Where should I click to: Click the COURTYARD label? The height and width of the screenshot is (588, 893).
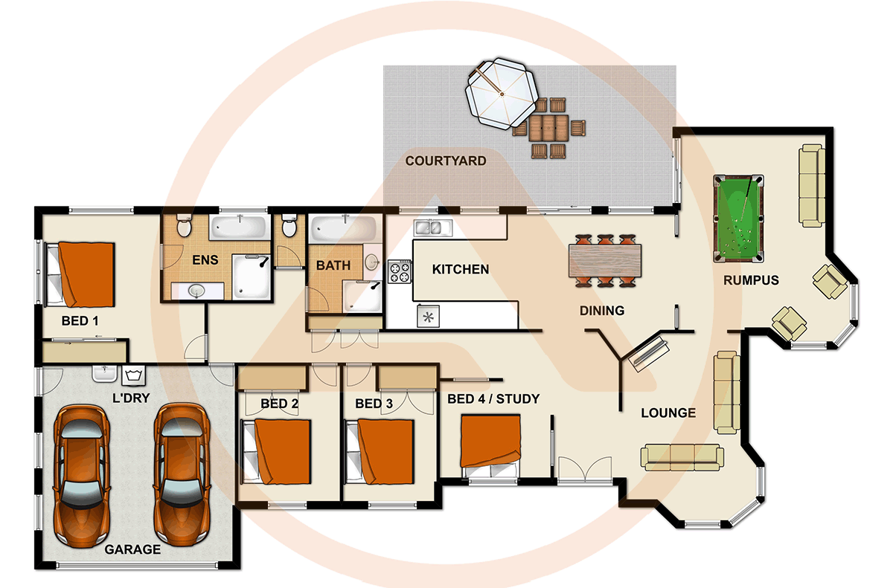click(446, 161)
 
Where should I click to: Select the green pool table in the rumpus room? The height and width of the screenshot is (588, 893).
click(737, 219)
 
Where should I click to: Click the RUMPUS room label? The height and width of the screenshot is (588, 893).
click(751, 280)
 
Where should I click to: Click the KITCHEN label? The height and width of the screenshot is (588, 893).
click(461, 269)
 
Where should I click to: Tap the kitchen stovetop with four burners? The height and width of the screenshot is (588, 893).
click(400, 271)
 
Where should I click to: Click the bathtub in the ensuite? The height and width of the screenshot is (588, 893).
click(238, 227)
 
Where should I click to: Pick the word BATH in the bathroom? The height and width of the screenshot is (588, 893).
click(333, 265)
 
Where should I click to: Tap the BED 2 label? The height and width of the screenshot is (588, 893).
click(279, 404)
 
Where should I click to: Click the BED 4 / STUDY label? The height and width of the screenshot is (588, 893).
click(493, 399)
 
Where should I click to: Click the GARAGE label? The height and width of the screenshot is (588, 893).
click(132, 550)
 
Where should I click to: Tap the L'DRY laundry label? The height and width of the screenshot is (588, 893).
click(131, 398)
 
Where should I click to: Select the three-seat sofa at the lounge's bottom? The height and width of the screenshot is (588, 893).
click(682, 456)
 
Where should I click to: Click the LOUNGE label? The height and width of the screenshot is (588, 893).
click(668, 413)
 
